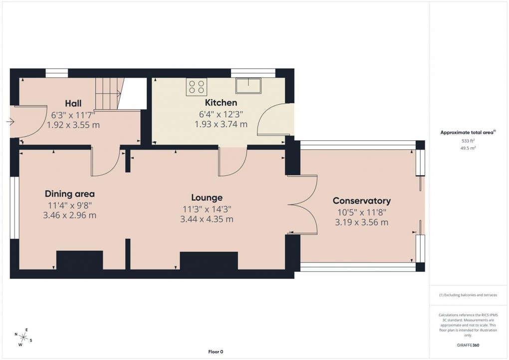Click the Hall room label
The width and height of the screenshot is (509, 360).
coord(73,103)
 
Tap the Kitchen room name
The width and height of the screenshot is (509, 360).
coord(221,103)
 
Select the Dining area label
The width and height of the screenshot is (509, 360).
coord(69,194)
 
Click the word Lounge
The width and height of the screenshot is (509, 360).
coord(206,197)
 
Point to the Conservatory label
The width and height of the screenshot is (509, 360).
coord(361,201)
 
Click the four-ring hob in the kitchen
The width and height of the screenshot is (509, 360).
coord(196,87)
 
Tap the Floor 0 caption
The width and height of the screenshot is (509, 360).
coord(216,352)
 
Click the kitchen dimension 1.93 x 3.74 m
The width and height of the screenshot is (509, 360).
coord(221,124)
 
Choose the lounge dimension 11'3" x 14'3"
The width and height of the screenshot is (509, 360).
coord(206,209)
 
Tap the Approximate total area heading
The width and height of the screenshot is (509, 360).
coord(468,132)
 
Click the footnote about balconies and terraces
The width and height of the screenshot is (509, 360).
coord(468,295)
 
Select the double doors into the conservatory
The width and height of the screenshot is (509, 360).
coord(303,204)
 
